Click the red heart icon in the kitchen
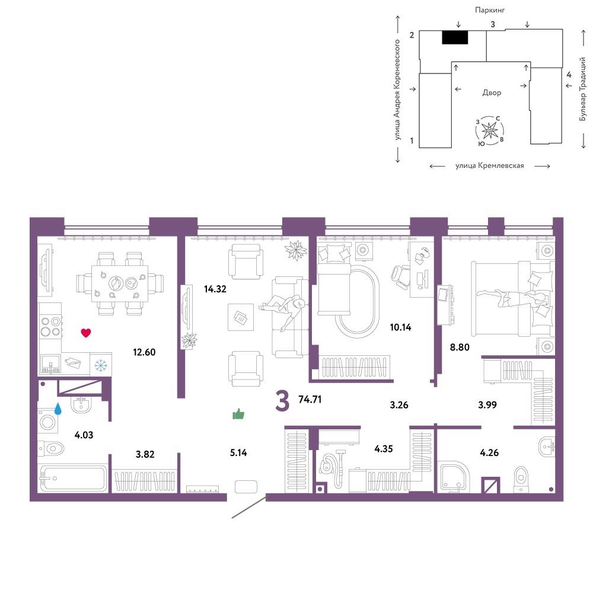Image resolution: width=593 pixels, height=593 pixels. [x=86, y=333]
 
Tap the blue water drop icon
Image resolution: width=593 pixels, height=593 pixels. [x=58, y=409]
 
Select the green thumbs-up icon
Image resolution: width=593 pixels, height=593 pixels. [x=238, y=414]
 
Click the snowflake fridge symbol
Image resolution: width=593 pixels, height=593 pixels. [x=101, y=365]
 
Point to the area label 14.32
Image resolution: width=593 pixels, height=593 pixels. [x=215, y=289]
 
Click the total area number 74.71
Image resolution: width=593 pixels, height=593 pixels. [x=310, y=399]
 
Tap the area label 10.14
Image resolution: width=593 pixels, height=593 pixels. [x=400, y=327]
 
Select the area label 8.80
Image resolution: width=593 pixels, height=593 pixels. [x=460, y=347]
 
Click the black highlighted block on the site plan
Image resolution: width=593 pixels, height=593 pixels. [x=455, y=37]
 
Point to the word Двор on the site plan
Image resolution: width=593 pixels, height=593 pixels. [x=492, y=93]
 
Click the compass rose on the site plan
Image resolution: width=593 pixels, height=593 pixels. [x=490, y=131]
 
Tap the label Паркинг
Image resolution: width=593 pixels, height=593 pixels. [x=490, y=10]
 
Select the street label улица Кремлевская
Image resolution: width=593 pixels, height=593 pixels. [x=489, y=165]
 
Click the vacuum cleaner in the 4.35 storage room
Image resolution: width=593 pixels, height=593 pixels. [x=333, y=467]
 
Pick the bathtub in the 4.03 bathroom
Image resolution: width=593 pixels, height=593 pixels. [x=74, y=479]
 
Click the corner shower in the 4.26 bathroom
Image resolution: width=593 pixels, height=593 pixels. [x=453, y=477]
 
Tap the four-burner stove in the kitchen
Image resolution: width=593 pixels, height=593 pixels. [x=50, y=327]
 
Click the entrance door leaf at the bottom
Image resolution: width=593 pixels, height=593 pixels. [x=249, y=506]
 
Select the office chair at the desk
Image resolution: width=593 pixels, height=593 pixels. [x=401, y=277]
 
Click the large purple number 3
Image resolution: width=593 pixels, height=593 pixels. [x=282, y=401]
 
